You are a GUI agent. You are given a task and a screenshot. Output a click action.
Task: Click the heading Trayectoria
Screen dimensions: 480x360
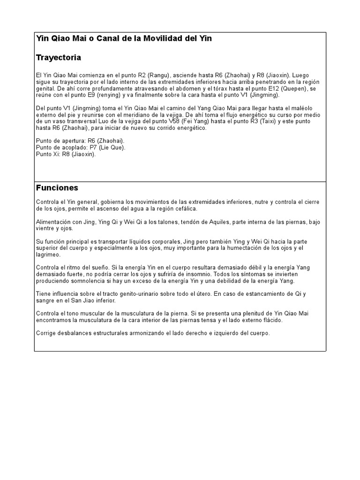[59, 58]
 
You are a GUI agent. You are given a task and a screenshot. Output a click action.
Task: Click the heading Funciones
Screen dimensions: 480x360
[57, 188]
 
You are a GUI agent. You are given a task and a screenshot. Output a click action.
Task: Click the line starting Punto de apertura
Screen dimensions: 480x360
[80, 141]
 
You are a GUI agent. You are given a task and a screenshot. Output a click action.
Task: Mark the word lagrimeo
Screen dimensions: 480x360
[48, 255]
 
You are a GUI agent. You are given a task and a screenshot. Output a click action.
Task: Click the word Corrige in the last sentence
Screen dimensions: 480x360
[46, 333]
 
